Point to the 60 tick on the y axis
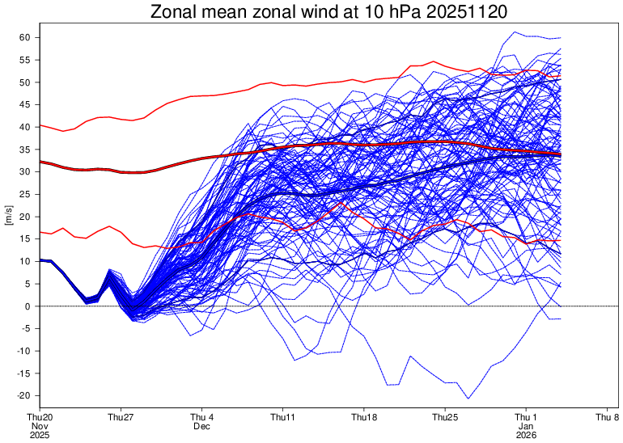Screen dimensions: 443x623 click(24, 38)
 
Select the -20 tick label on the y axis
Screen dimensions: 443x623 click(23, 396)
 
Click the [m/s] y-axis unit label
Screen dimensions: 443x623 click(9, 217)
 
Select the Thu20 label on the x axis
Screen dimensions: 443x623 click(40, 418)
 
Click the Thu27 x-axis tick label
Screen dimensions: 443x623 click(121, 418)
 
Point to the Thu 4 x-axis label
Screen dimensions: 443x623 click(202, 418)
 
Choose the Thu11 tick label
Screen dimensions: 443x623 click(283, 418)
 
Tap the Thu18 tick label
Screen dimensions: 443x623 click(364, 418)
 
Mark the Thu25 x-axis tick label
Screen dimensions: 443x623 click(445, 418)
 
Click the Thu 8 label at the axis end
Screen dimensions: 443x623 click(607, 418)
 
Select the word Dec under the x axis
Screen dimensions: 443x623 click(202, 426)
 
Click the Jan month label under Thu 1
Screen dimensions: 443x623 click(526, 426)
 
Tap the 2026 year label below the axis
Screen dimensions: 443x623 click(526, 435)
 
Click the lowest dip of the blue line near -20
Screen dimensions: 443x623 click(468, 398)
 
